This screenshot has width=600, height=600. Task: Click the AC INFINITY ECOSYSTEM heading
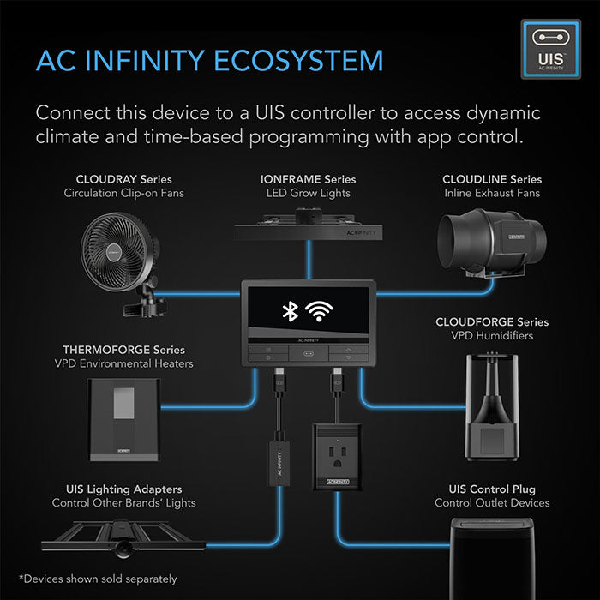208,61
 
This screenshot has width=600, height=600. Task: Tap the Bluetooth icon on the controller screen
291,312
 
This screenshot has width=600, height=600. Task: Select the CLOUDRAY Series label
123,179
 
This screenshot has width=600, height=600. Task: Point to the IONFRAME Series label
308,179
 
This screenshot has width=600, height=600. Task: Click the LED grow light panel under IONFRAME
308,224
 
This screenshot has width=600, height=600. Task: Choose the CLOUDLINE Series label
492,179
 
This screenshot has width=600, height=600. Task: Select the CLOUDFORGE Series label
491,322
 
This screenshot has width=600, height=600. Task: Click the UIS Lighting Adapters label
123,488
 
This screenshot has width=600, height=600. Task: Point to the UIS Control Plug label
492,488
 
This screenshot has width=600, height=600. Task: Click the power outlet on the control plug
333,447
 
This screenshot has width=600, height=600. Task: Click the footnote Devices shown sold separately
97,579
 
